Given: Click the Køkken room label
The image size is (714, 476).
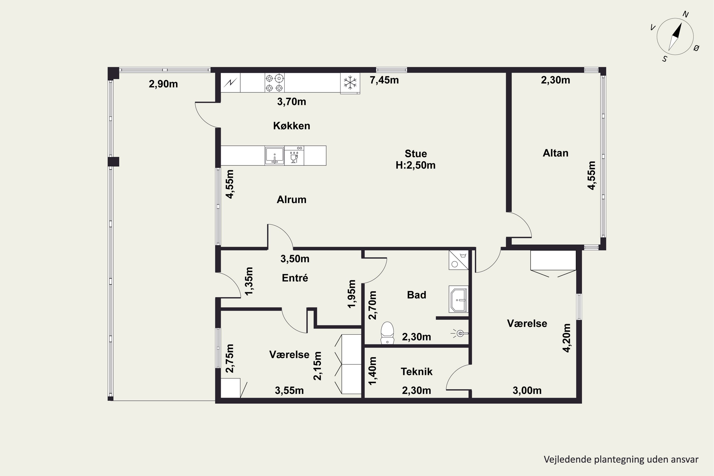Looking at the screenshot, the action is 291,126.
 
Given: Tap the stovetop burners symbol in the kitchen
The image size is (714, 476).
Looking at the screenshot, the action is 274,83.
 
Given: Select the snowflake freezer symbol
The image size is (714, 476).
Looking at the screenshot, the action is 350,83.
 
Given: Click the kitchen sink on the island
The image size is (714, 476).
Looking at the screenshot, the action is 274,155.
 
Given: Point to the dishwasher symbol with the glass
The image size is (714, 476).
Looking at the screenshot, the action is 294,155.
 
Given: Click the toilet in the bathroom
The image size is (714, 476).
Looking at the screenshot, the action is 387,333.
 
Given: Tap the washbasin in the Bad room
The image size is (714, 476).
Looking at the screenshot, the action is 458,299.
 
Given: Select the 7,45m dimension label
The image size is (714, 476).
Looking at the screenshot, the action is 384,80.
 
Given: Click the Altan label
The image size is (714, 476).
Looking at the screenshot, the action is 555,153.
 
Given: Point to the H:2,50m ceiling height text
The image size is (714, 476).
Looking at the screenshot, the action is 415,165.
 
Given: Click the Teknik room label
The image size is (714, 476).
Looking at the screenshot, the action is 416,372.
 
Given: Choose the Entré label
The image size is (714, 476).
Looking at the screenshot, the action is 295,278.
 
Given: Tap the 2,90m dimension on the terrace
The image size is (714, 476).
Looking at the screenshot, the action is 163,84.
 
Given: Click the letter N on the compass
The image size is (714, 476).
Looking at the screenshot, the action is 685,14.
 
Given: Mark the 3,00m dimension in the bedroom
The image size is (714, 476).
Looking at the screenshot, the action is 527,390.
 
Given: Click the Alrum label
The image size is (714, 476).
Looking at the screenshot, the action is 291,199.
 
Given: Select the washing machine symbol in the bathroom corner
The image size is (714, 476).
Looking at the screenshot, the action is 458,260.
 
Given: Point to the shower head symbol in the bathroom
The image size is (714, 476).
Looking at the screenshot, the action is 460,334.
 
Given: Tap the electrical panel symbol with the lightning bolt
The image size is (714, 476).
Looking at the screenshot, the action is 230,82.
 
